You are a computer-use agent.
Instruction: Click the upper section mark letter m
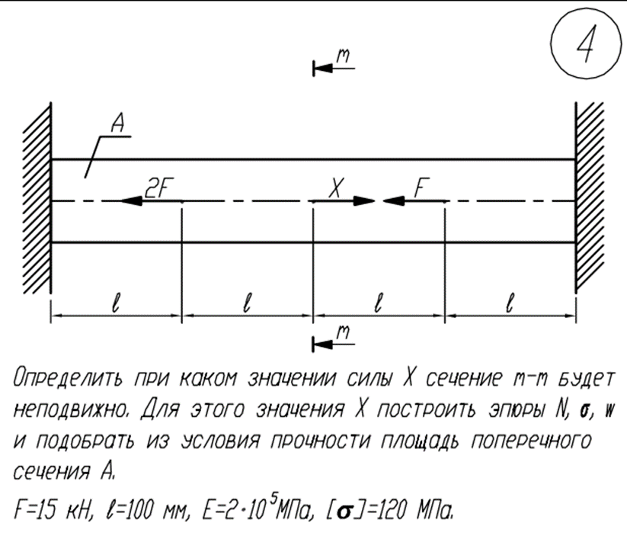pyautogui.click(x=344, y=56)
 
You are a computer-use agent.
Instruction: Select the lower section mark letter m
pyautogui.click(x=344, y=332)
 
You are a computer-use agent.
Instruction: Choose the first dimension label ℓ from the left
pyautogui.click(x=115, y=303)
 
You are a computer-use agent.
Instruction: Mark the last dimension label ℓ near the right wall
pyautogui.click(x=508, y=303)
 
